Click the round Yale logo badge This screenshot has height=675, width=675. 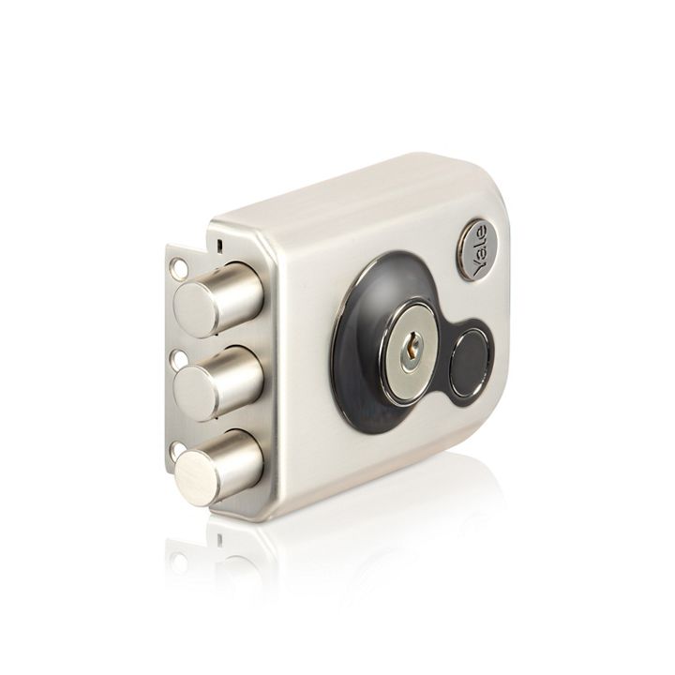(x=478, y=250)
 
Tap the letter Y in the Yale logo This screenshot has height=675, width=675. (x=479, y=269)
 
